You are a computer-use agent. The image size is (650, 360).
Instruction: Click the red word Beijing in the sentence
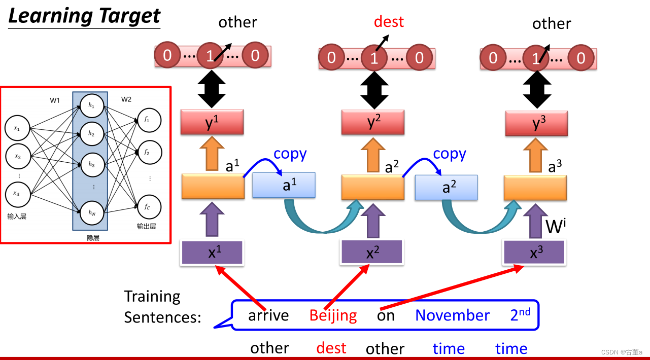click(333, 315)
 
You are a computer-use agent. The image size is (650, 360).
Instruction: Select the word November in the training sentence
click(452, 315)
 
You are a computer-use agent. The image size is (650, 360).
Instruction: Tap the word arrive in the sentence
click(268, 315)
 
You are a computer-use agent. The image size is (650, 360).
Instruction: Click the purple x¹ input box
click(212, 253)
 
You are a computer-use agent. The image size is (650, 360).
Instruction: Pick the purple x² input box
click(372, 252)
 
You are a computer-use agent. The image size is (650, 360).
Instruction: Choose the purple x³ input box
click(534, 252)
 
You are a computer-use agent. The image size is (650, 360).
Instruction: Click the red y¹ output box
click(212, 122)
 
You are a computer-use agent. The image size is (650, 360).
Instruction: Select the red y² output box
click(372, 122)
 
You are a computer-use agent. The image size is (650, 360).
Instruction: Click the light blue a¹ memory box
click(284, 186)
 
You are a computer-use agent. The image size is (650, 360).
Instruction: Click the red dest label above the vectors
click(389, 22)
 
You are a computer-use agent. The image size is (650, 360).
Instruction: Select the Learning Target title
click(84, 16)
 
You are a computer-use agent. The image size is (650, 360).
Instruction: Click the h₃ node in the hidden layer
click(91, 164)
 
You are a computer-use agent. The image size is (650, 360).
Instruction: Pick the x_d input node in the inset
click(17, 193)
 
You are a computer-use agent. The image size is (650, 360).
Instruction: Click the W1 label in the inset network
click(55, 100)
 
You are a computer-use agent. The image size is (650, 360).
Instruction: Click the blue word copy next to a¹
click(290, 154)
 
